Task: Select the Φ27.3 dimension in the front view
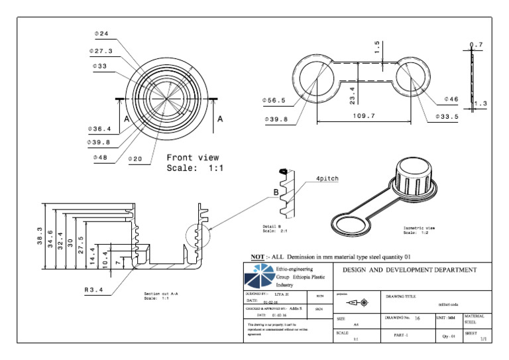(x=101, y=50)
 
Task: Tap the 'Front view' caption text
(x=192, y=158)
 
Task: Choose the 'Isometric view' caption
(x=421, y=228)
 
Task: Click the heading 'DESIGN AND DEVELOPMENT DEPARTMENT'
(x=409, y=270)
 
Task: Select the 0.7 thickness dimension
(x=476, y=45)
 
